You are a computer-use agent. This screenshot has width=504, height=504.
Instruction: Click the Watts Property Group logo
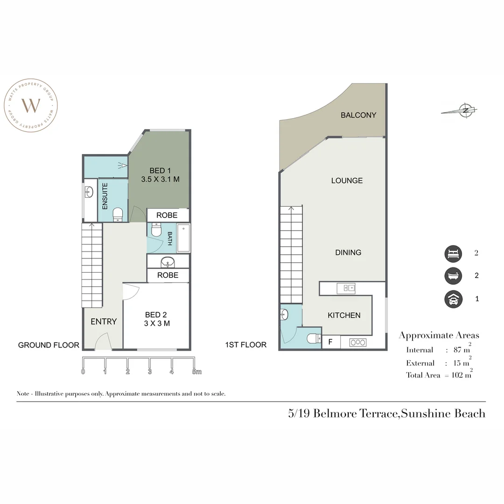[31, 105]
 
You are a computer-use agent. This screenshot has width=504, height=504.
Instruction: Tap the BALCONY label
[358, 115]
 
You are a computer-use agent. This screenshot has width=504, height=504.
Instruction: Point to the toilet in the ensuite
[118, 215]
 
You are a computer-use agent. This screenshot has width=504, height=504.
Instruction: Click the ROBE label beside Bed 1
[167, 216]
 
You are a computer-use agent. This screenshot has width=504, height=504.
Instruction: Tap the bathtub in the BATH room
[183, 238]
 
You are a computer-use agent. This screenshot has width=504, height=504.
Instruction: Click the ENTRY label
[104, 322]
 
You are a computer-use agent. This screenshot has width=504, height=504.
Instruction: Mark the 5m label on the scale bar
[196, 372]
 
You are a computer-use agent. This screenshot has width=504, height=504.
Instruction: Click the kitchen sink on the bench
[346, 288]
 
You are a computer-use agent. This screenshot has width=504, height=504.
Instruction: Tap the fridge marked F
[330, 342]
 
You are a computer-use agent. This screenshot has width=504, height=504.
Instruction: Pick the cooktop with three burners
[358, 343]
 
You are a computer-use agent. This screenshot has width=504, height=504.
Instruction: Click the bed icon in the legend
[453, 253]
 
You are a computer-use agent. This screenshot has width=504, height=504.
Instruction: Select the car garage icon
[453, 299]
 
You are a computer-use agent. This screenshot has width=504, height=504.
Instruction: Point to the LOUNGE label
[347, 181]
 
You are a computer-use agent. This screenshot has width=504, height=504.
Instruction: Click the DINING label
[348, 252]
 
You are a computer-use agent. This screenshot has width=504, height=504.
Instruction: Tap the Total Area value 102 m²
[462, 375]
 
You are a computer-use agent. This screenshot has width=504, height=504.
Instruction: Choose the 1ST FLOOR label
[245, 345]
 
